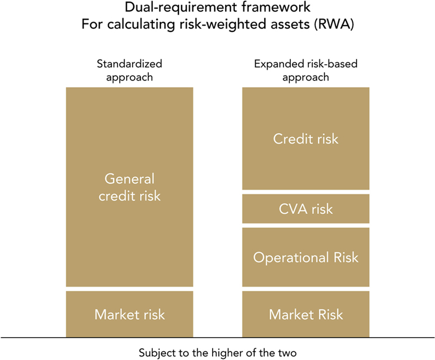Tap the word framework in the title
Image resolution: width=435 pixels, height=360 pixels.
[x=276, y=7]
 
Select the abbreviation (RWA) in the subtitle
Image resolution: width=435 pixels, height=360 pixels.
[x=334, y=24]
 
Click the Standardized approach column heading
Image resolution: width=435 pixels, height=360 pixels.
[x=129, y=71]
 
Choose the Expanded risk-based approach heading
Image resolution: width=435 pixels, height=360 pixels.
[x=306, y=71]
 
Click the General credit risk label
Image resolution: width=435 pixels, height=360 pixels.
[x=129, y=187]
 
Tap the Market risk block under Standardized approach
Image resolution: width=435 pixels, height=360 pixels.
[x=129, y=314]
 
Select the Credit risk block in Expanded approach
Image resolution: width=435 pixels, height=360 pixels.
[x=306, y=139]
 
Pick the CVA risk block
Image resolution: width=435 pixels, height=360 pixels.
[x=306, y=209]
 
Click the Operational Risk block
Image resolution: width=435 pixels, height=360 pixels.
[x=306, y=257]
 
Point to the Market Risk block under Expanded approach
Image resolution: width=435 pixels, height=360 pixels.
[x=306, y=314]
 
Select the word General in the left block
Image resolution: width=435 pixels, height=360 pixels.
[x=129, y=178]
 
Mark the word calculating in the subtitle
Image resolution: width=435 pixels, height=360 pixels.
[x=141, y=24]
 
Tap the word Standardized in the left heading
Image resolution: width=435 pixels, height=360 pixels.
[x=129, y=64]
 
